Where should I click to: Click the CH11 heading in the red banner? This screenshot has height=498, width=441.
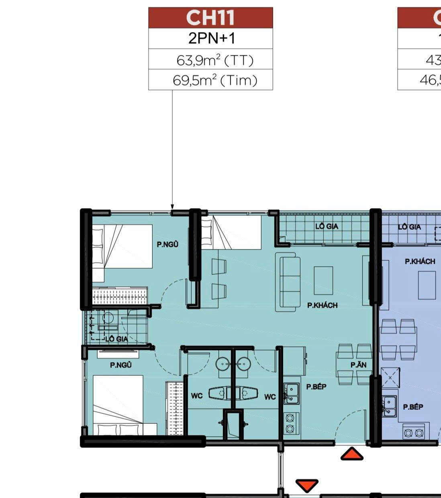(210, 18)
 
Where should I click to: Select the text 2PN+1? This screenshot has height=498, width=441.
(211, 38)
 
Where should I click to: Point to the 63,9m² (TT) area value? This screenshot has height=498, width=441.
(215, 60)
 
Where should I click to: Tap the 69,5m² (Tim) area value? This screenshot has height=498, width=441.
(215, 81)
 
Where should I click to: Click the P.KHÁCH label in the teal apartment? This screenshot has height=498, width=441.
(322, 305)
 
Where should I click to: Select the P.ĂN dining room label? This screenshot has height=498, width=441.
(358, 365)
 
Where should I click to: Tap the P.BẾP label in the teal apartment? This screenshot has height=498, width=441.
(316, 387)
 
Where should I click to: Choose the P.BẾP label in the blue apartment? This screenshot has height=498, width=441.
(413, 407)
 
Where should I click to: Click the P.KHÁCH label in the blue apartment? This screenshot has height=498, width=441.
(420, 261)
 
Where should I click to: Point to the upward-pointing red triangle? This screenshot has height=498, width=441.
(352, 454)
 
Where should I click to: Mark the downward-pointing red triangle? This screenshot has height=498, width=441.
(307, 486)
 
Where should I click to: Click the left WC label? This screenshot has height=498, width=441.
(197, 396)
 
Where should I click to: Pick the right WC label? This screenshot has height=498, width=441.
(270, 397)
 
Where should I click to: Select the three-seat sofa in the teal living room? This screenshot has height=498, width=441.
(288, 281)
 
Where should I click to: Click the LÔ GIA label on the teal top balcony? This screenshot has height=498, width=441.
(327, 227)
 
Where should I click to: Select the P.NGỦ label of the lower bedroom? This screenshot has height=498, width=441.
(121, 365)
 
